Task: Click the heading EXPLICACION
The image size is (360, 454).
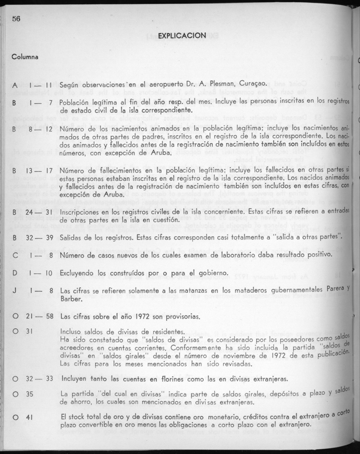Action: tap(182, 35)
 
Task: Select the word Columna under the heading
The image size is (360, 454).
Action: tap(25, 56)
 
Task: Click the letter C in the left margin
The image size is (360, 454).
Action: tap(14, 255)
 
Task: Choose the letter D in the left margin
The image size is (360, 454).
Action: tap(14, 273)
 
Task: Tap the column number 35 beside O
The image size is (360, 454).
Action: tap(29, 394)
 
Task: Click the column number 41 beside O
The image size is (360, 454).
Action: tap(29, 417)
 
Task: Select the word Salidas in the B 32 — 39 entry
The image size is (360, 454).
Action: tap(72, 237)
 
